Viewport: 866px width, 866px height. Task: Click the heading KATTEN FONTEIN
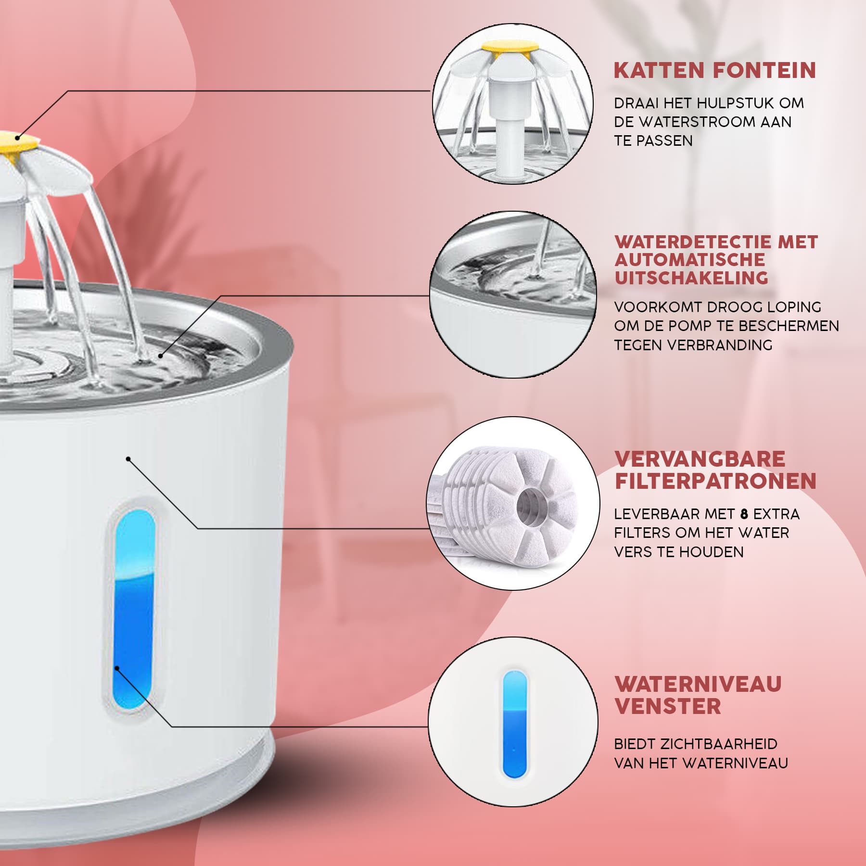715,70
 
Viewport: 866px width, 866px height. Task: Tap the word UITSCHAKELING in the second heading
691,278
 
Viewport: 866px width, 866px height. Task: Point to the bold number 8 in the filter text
744,514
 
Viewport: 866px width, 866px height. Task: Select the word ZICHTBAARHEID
719,744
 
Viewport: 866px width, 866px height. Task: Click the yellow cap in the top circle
509,47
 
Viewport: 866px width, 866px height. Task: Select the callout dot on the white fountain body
128,459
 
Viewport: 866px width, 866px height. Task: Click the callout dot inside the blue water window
116,668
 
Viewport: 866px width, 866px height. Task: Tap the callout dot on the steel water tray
161,356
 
